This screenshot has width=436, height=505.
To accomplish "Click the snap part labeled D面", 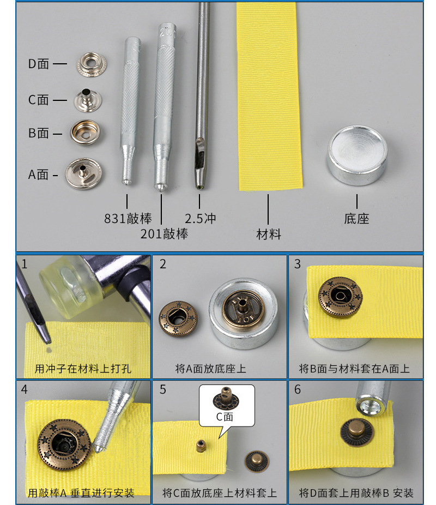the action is click(x=92, y=65).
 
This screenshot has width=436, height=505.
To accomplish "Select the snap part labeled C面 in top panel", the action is click(x=88, y=100).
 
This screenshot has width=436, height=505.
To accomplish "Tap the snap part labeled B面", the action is click(x=85, y=133).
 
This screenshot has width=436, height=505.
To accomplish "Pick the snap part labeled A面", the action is click(x=84, y=173).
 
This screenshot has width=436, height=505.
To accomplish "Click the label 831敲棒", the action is click(x=128, y=219).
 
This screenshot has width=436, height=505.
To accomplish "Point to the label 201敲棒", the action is click(x=164, y=234).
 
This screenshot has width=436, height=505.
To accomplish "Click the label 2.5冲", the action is click(x=200, y=219).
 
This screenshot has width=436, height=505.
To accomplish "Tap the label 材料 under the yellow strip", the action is click(x=268, y=234).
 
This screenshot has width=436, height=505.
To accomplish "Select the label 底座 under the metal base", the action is click(x=356, y=219).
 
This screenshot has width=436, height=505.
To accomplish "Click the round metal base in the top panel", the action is click(x=357, y=155).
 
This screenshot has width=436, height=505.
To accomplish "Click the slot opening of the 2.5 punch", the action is click(x=200, y=152).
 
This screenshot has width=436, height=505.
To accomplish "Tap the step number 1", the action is click(x=25, y=264).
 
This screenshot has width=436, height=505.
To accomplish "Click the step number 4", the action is click(x=25, y=389).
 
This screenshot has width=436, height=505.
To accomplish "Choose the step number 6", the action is click(x=298, y=389).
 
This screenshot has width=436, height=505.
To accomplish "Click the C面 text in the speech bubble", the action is click(x=225, y=417).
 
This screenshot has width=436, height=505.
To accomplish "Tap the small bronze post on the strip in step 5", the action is click(x=201, y=446).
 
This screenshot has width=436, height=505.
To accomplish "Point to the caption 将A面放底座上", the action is click(x=210, y=369).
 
